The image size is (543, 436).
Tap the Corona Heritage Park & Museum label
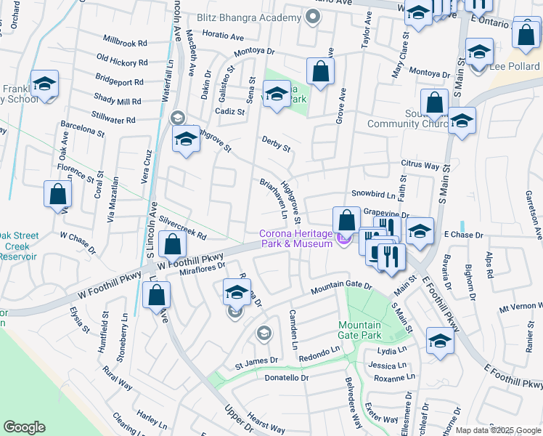[297, 238]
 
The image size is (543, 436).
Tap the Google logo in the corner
[25, 427]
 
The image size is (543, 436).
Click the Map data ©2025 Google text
[498, 430]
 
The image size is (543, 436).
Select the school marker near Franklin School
[44, 85]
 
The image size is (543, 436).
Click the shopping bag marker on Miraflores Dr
[157, 295]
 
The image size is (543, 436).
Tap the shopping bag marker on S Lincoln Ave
[171, 245]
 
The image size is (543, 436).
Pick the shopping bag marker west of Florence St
[58, 194]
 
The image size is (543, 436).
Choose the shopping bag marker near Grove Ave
[319, 71]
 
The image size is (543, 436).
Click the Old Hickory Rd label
[122, 62]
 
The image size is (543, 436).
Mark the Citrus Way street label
[420, 166]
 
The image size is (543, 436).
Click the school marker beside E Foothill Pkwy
[440, 341]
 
